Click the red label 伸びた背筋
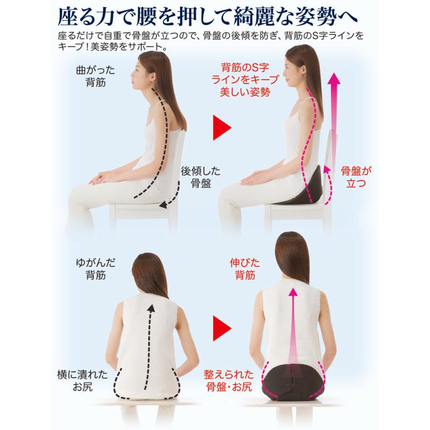coord(245,269)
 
